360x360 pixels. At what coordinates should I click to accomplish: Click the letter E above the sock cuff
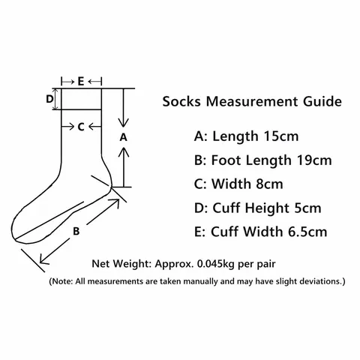click(81, 82)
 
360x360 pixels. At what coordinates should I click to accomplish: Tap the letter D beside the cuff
click(49, 99)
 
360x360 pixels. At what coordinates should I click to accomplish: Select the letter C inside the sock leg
click(81, 127)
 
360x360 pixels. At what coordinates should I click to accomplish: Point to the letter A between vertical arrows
click(123, 137)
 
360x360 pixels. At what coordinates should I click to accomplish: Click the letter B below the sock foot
click(76, 231)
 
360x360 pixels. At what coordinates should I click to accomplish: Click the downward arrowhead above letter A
click(123, 123)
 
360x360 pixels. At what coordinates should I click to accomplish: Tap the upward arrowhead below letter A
click(124, 151)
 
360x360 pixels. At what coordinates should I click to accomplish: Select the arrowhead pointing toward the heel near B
click(115, 203)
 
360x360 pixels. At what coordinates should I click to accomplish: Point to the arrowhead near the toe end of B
click(44, 259)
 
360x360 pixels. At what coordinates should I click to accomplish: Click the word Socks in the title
click(181, 101)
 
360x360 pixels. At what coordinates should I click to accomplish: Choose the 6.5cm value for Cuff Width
click(307, 232)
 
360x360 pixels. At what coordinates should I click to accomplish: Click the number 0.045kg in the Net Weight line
click(216, 264)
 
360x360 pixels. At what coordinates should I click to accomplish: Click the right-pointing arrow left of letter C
click(68, 127)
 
